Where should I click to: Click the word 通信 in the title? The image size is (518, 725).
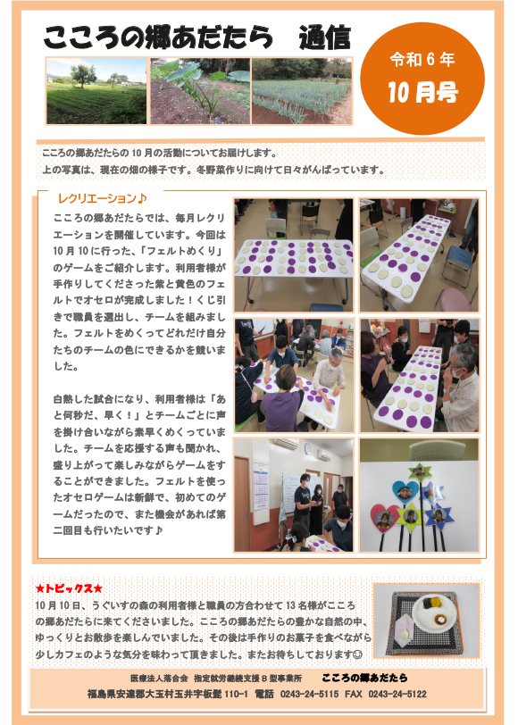[x=324, y=37]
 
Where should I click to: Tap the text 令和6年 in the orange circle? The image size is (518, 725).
[x=422, y=60]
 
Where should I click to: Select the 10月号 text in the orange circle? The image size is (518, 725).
[x=422, y=92]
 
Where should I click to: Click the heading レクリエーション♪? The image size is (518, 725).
[x=102, y=198]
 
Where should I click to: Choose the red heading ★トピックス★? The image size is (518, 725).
[x=69, y=588]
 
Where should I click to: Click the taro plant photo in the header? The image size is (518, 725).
[x=200, y=91]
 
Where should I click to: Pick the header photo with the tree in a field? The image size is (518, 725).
[x=96, y=91]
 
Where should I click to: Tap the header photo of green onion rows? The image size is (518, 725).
[x=302, y=91]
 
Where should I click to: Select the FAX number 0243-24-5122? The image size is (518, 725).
[x=397, y=694]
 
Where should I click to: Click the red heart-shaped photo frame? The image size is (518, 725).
[x=385, y=518]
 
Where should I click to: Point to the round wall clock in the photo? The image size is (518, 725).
[x=307, y=448]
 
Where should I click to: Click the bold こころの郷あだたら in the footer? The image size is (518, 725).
[x=364, y=678]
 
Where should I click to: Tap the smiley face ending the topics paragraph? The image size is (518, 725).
[x=357, y=654]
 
